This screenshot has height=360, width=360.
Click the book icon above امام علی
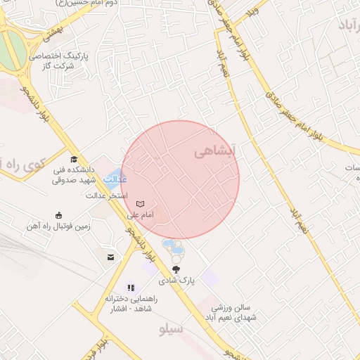point(140,203)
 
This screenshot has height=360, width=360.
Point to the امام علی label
point(140,214)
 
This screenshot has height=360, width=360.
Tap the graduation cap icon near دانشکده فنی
point(74,160)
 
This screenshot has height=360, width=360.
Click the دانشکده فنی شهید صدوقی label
point(77,174)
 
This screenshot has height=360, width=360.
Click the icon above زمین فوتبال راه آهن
point(58,215)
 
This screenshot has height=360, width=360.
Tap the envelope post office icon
point(110,257)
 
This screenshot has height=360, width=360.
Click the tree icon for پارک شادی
point(176,269)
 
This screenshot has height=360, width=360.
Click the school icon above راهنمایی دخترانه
point(131,288)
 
